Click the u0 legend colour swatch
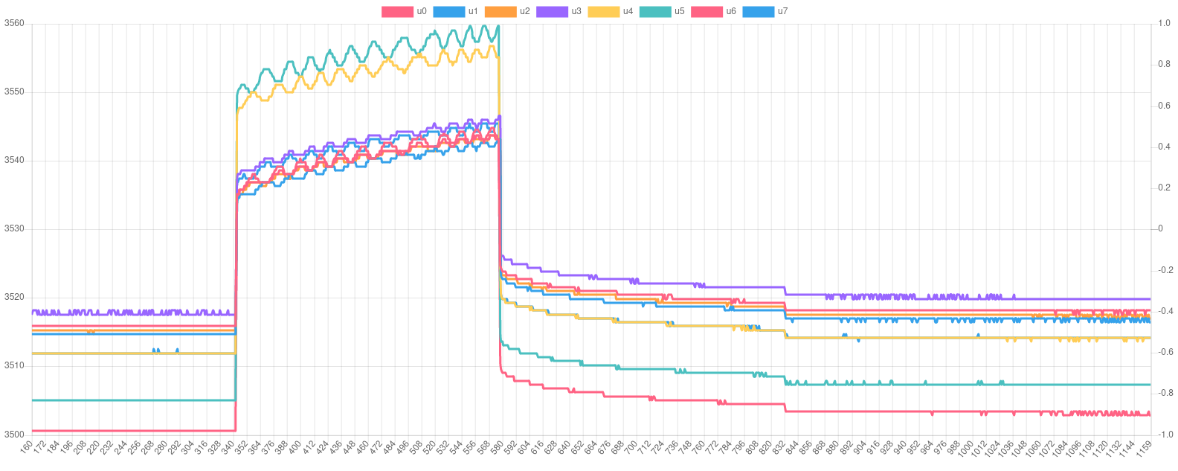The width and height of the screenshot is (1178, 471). (x=397, y=11)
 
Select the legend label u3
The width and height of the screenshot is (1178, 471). (x=576, y=11)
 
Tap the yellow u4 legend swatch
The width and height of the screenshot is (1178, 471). (x=603, y=11)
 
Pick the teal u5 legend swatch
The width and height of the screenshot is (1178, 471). (x=654, y=11)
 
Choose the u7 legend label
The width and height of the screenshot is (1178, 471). (x=782, y=11)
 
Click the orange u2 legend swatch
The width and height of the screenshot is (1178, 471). (x=500, y=11)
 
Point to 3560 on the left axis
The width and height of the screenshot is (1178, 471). (x=14, y=23)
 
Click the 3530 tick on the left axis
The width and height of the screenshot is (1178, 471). (x=14, y=228)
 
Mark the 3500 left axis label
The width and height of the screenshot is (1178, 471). (x=14, y=434)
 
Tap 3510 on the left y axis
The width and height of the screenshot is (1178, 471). (x=14, y=365)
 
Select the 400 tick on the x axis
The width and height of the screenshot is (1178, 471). (x=295, y=449)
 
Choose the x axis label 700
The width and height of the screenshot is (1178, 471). (x=631, y=449)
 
